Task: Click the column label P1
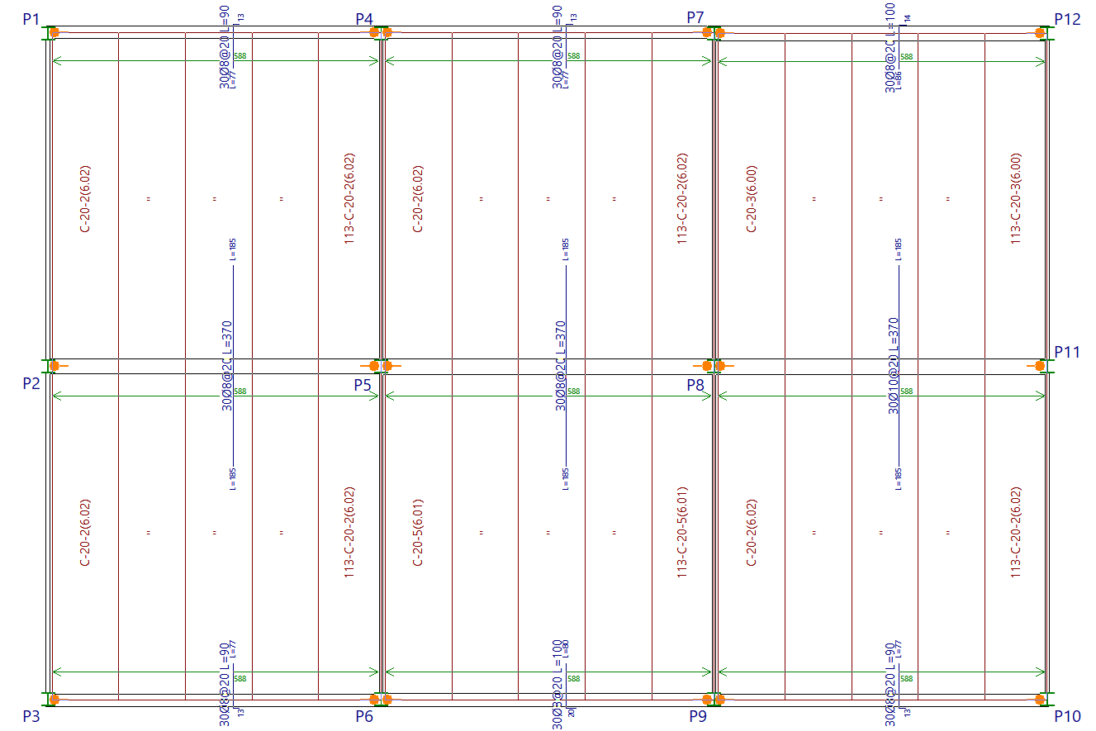pyautogui.click(x=31, y=19)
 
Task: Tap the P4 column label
pyautogui.click(x=364, y=19)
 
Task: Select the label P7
pyautogui.click(x=695, y=17)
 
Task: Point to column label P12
pyautogui.click(x=1068, y=19)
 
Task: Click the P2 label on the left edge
pyautogui.click(x=31, y=383)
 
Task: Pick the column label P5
pyautogui.click(x=363, y=384)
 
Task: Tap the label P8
pyautogui.click(x=695, y=384)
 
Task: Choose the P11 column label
pyautogui.click(x=1067, y=352)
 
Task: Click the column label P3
pyautogui.click(x=31, y=716)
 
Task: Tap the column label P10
pyautogui.click(x=1068, y=716)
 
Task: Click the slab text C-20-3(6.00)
pyautogui.click(x=752, y=199)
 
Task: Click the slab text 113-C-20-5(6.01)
pyautogui.click(x=682, y=532)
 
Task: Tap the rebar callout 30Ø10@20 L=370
pyautogui.click(x=893, y=366)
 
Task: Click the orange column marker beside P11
pyautogui.click(x=1041, y=365)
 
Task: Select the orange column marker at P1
pyautogui.click(x=54, y=33)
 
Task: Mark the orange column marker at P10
pyautogui.click(x=1041, y=700)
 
